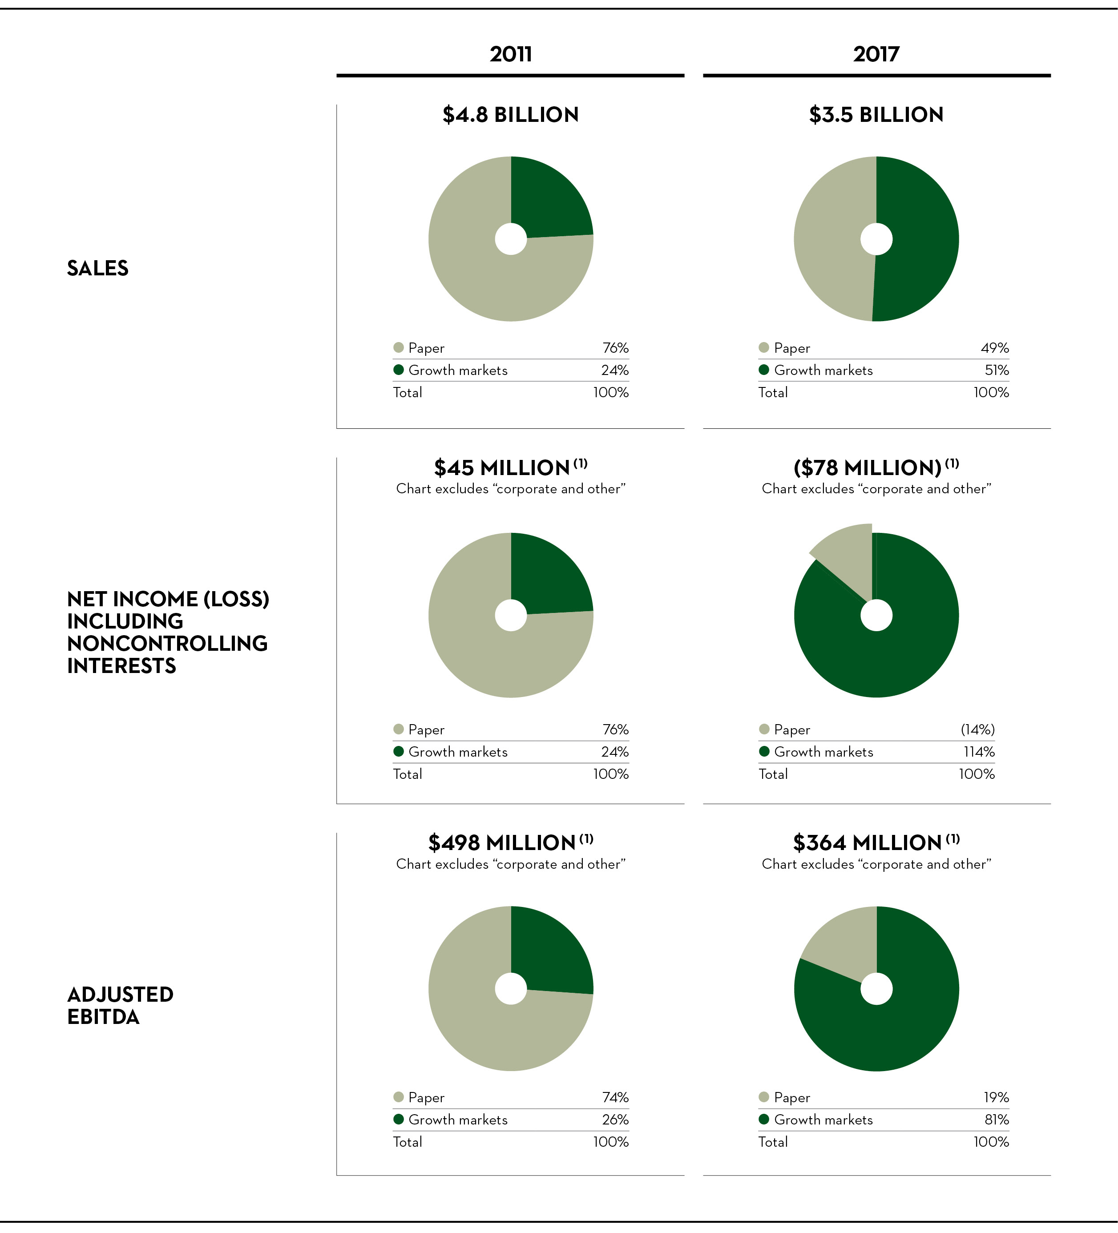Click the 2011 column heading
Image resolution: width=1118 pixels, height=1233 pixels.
click(510, 54)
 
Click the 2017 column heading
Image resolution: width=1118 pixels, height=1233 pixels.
click(876, 54)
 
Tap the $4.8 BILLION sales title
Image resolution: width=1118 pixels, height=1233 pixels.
click(510, 115)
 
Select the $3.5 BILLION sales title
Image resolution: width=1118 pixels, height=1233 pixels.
click(876, 115)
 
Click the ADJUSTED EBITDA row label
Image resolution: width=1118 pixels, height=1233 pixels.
click(120, 1005)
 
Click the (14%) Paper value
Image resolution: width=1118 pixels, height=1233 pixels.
click(977, 729)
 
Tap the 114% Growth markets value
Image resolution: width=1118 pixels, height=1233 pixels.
click(979, 752)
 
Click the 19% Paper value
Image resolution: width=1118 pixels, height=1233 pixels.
click(996, 1097)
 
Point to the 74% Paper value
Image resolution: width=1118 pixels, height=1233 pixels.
click(615, 1097)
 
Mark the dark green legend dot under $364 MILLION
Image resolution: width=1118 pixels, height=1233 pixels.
click(763, 1119)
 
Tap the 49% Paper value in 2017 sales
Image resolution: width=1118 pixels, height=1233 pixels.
click(994, 348)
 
